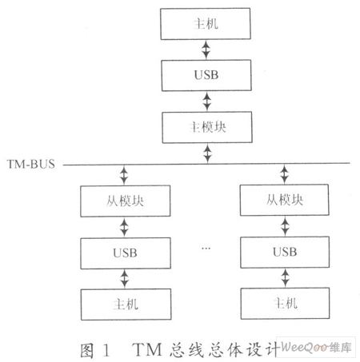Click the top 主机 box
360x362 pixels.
[206, 24]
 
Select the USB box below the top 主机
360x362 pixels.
[206, 75]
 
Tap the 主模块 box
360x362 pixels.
[207, 127]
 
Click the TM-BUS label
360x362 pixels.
[31, 164]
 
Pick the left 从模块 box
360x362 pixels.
[126, 201]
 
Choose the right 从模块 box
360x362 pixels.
[285, 200]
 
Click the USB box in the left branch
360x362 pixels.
[126, 253]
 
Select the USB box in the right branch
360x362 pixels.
[285, 252]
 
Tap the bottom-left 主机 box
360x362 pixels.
[126, 304]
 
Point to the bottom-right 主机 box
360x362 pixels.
[285, 303]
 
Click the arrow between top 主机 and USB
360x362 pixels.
[206, 50]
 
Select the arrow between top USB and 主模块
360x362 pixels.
[206, 101]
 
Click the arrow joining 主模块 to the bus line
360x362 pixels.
[207, 153]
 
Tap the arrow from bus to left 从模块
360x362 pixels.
[124, 175]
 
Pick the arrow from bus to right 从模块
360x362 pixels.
[284, 174]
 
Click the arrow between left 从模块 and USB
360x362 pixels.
[124, 227]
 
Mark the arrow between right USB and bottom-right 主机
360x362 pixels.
[286, 278]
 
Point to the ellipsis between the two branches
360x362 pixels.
[206, 249]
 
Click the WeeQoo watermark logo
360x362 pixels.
[316, 348]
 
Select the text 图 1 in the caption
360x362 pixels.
[95, 350]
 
